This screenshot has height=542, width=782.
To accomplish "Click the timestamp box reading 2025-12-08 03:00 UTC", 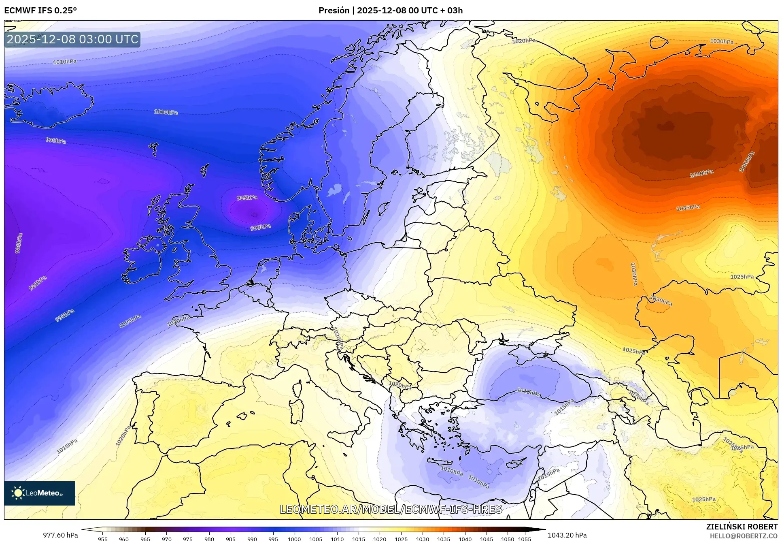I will click(x=72, y=39).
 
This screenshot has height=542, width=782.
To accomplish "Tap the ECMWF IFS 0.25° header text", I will click(x=40, y=11).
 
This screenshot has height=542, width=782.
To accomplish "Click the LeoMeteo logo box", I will click(x=40, y=493).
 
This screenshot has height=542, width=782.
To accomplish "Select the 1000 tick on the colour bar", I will click(x=294, y=539).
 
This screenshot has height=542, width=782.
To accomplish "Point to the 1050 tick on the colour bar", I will click(x=508, y=539).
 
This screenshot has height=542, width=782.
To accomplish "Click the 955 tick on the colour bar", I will click(x=103, y=539).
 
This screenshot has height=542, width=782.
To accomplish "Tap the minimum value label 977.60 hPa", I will click(x=61, y=535).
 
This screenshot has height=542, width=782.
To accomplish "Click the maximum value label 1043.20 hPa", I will click(x=567, y=535).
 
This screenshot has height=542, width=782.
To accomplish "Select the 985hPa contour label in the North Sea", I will click(x=247, y=198).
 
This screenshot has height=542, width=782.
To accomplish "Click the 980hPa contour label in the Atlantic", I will click(x=19, y=243).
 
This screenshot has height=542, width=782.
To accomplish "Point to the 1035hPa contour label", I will click(x=688, y=208).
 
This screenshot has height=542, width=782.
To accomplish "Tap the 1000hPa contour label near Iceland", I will click(x=166, y=112).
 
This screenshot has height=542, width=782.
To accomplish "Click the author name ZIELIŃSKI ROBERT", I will click(x=742, y=527).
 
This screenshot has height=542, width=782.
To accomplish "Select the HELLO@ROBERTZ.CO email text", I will click(x=744, y=536).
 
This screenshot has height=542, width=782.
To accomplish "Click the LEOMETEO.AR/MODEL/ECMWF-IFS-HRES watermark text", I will click(x=391, y=509).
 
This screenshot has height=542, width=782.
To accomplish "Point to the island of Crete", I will click(x=445, y=463).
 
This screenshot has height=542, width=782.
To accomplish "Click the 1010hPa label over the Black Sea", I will click(x=528, y=392).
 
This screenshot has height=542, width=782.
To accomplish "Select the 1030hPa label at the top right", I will click(x=722, y=41).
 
